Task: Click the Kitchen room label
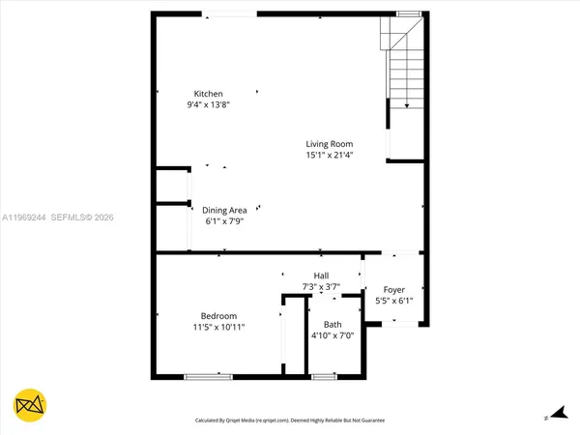pyautogui.click(x=209, y=94)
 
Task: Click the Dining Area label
pyautogui.click(x=224, y=210)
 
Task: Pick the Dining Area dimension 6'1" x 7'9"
pyautogui.click(x=224, y=220)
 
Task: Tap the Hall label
pyautogui.click(x=322, y=275)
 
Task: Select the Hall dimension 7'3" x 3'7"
pyautogui.click(x=322, y=286)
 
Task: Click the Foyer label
pyautogui.click(x=393, y=290)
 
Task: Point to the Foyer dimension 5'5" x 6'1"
pyautogui.click(x=393, y=301)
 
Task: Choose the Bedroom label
pyautogui.click(x=218, y=316)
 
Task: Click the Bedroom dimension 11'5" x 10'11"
pyautogui.click(x=218, y=327)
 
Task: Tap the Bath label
pyautogui.click(x=333, y=325)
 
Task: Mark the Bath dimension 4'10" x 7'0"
pyautogui.click(x=333, y=335)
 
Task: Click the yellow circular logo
pyautogui.click(x=31, y=405)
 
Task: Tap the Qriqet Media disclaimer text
pyautogui.click(x=290, y=420)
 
